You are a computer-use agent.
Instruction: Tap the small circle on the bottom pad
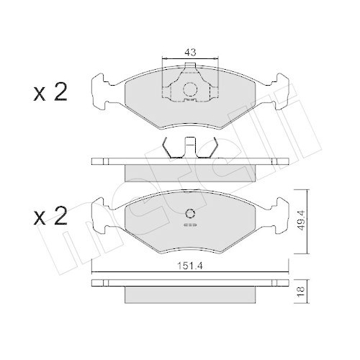tap(190, 213)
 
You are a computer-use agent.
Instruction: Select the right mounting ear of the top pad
tap(278, 89)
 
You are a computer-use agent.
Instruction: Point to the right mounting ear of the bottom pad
tap(278, 212)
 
